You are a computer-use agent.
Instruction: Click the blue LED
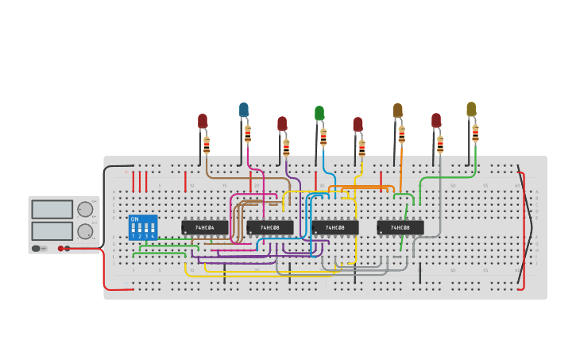pyautogui.click(x=244, y=110)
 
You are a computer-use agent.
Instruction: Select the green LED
pyautogui.click(x=319, y=113)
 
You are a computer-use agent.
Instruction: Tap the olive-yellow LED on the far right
pyautogui.click(x=471, y=109)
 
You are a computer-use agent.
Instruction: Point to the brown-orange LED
pyautogui.click(x=398, y=110)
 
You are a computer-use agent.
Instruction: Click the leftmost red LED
pyautogui.click(x=203, y=121)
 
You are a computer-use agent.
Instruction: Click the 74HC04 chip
pyautogui.click(x=205, y=228)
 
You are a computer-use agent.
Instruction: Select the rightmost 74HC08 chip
pyautogui.click(x=400, y=228)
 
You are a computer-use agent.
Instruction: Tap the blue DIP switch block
pyautogui.click(x=143, y=227)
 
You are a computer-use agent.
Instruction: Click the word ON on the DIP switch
pyautogui.click(x=134, y=219)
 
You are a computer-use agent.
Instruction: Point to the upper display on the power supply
pyautogui.click(x=52, y=210)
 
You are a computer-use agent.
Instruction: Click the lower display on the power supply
pyautogui.click(x=52, y=231)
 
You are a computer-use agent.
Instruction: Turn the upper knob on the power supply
pyautogui.click(x=84, y=210)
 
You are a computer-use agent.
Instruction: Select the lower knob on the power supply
pyautogui.click(x=84, y=231)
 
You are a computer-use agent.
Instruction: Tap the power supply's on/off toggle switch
pyautogui.click(x=37, y=249)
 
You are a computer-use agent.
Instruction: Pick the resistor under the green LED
pyautogui.click(x=323, y=137)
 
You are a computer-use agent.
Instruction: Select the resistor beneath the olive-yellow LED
pyautogui.click(x=475, y=133)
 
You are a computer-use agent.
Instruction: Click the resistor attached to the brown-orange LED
pyautogui.click(x=402, y=134)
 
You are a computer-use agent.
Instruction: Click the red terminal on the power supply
pyautogui.click(x=60, y=249)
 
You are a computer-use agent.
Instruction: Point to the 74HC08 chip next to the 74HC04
pyautogui.click(x=270, y=228)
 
